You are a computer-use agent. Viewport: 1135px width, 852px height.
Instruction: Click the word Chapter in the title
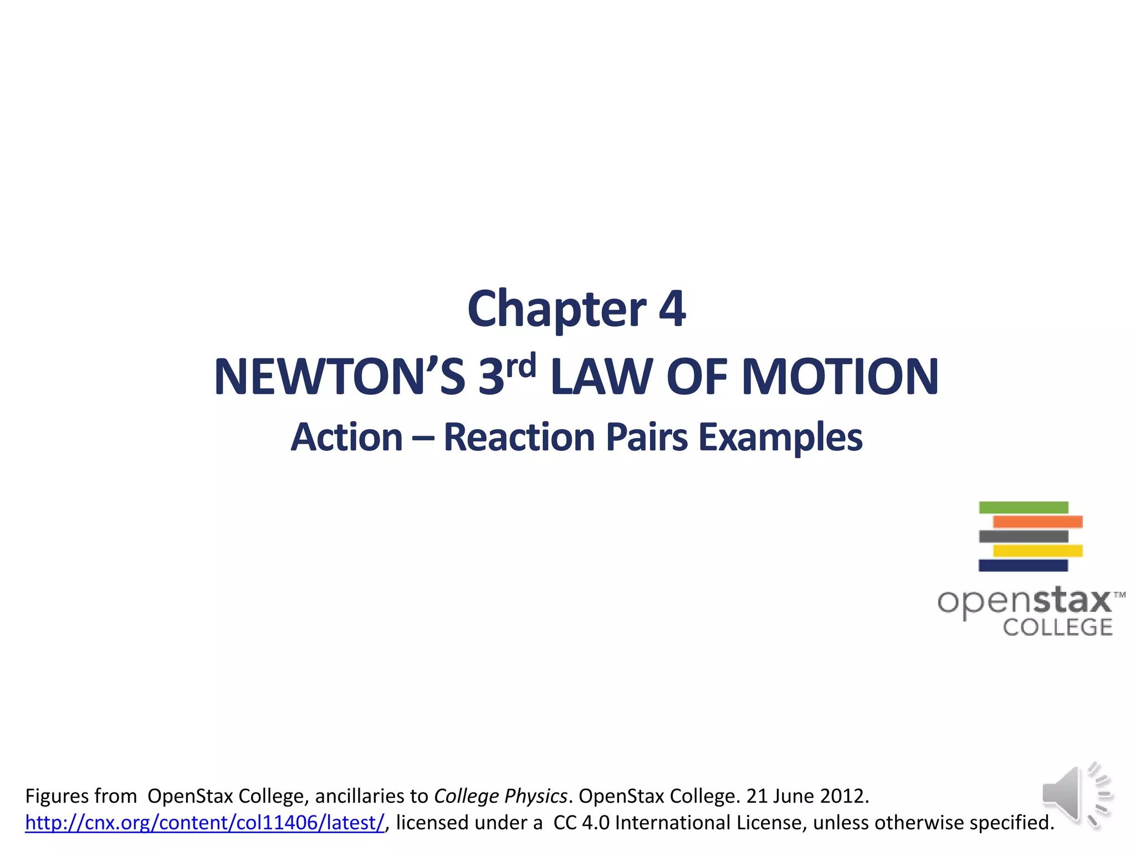pos(556,310)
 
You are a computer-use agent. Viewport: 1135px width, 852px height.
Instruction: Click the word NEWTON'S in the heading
pos(339,377)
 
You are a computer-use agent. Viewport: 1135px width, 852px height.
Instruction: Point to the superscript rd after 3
pos(520,366)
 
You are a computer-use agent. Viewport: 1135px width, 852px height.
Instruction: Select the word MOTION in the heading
pos(840,377)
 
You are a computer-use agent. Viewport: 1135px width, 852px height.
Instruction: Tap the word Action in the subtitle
pos(347,438)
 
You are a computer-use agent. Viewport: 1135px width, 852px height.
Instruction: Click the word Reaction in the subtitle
pos(519,438)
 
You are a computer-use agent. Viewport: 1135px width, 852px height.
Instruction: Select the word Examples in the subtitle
pos(780,438)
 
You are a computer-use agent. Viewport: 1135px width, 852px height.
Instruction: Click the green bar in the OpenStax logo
pos(1023,508)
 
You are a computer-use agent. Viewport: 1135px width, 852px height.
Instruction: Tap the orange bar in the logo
pos(1037,522)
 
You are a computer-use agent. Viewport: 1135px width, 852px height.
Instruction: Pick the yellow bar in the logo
pos(1037,551)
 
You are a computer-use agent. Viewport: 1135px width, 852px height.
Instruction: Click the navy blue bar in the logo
pos(1023,566)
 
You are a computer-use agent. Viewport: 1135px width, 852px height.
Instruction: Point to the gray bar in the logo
pos(1023,536)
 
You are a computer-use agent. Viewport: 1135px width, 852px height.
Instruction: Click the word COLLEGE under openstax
pos(1057,627)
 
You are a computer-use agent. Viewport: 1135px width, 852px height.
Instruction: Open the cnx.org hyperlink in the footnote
pos(204,823)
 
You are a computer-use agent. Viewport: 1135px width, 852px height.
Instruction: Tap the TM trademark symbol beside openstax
pos(1119,595)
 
